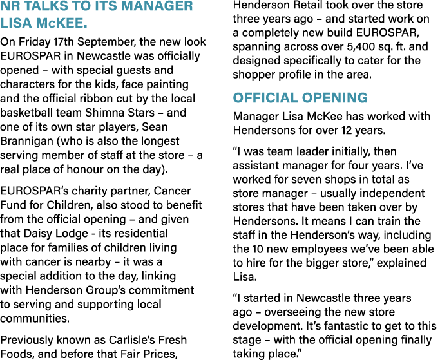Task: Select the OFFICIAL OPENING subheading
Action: (x=300, y=98)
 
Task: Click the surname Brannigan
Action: (x=26, y=141)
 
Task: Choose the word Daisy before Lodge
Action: (x=37, y=234)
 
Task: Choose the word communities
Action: (x=35, y=319)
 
